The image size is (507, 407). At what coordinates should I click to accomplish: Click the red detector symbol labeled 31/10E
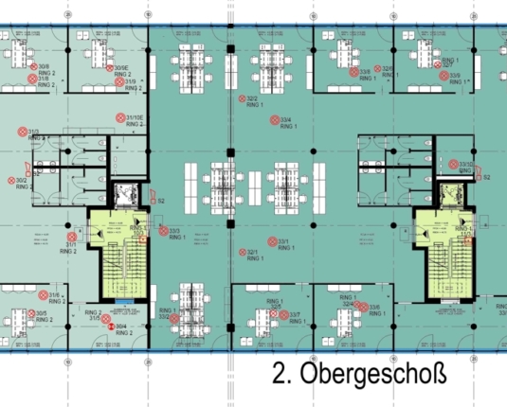pos(119,117)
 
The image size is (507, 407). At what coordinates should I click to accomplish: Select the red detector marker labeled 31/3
pos(22,133)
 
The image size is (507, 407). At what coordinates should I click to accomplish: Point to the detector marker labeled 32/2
pos(241,98)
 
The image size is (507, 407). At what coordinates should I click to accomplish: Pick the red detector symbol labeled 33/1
pos(272,242)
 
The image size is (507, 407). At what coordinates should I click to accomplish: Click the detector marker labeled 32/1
pos(241,253)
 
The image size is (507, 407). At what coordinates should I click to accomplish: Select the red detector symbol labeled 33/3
pos(161,230)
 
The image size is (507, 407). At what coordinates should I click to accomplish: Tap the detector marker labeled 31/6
pos(42,296)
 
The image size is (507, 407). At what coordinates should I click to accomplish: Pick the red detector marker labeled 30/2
pos(10,180)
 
